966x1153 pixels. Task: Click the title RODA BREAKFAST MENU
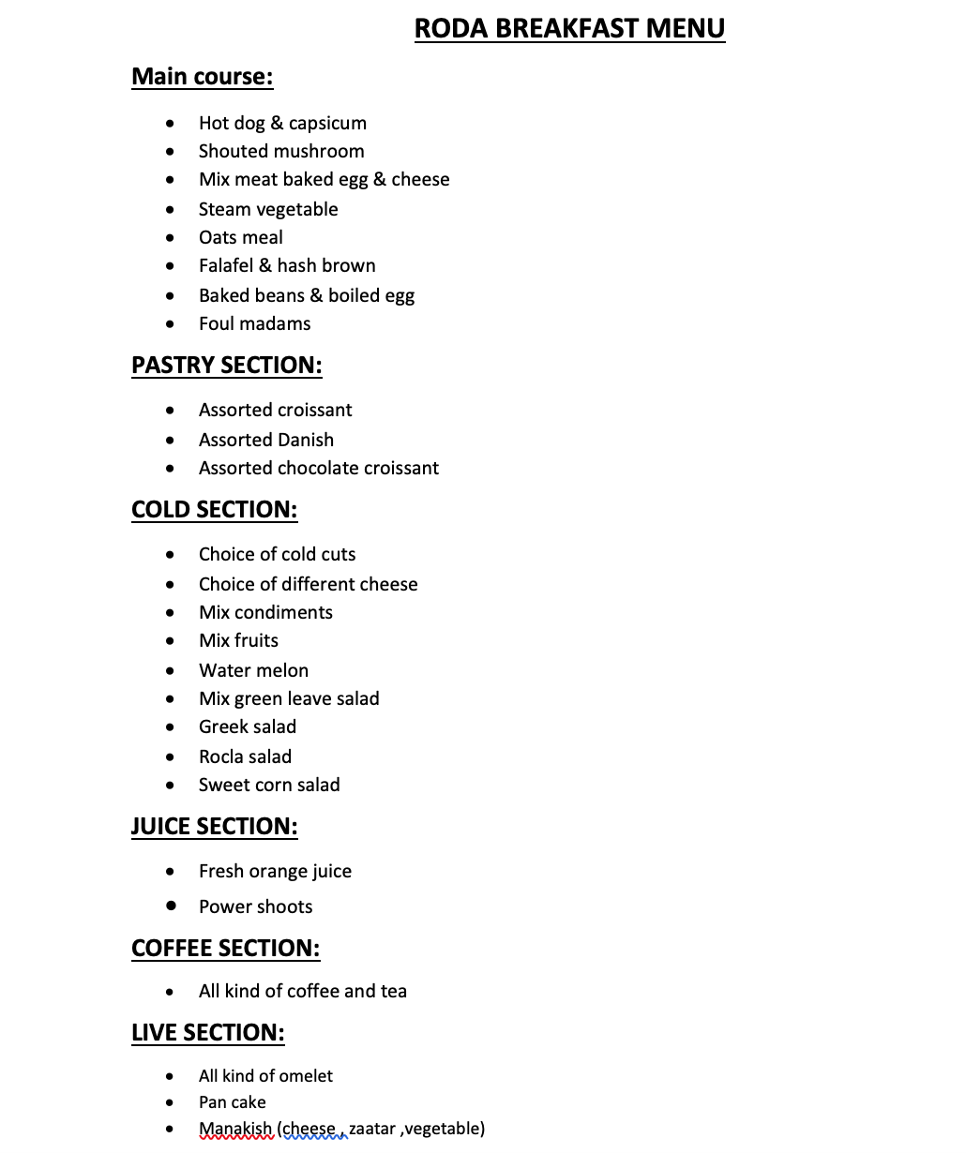point(569,29)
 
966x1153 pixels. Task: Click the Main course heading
point(202,76)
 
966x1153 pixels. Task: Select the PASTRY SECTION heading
point(226,365)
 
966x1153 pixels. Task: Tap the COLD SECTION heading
point(214,509)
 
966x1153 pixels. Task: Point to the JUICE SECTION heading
point(214,826)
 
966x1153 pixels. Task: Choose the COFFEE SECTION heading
point(225,948)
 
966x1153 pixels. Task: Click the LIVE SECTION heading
point(207,1032)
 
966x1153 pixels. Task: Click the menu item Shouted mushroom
point(281,151)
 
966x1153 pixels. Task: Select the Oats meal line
point(240,237)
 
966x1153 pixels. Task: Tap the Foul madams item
point(254,323)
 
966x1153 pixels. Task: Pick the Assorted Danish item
point(265,440)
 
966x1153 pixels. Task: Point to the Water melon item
point(253,670)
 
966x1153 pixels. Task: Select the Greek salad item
point(247,726)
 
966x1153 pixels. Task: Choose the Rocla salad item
point(245,756)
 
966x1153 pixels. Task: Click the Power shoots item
point(255,906)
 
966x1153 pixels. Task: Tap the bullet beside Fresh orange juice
point(170,871)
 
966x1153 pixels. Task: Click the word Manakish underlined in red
point(234,1129)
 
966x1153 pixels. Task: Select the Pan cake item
point(232,1102)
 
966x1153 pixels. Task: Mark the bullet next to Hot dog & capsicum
point(170,123)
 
